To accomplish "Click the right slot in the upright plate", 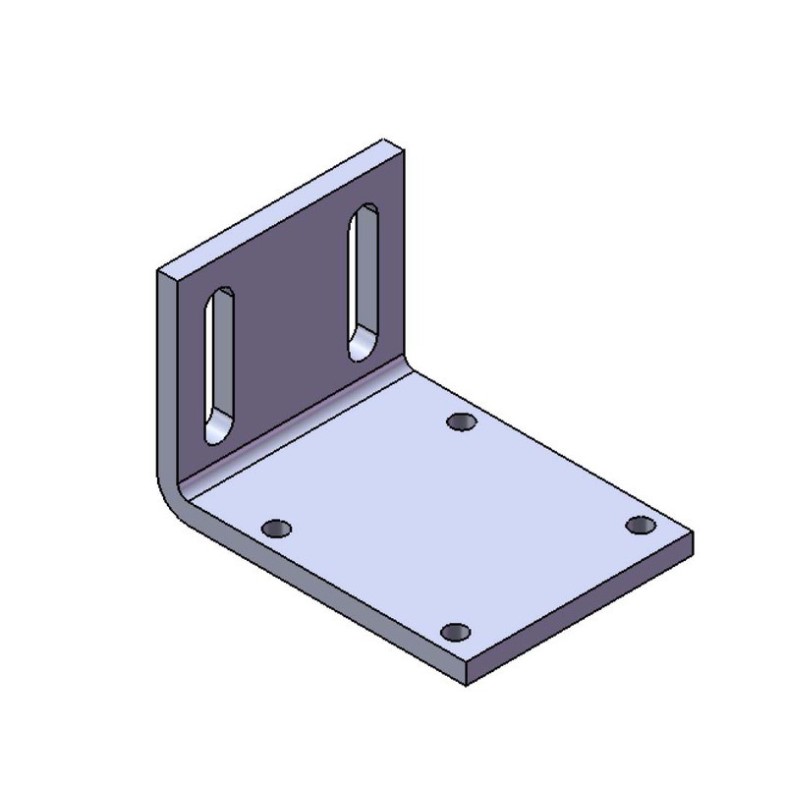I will point(364,282).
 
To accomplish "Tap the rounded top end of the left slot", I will point(222,298).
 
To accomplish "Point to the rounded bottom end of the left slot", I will point(217,431).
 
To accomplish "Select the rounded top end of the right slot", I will point(366,213).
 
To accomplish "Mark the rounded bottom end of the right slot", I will point(362,348).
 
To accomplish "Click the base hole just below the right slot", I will point(461,421).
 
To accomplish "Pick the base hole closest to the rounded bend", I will point(278,530).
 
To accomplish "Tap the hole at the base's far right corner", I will point(641,525).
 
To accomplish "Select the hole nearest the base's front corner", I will point(455,632).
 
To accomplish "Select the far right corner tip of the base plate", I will point(693,535).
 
